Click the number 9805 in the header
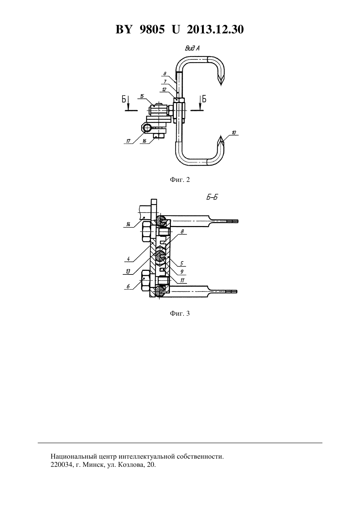point(152,30)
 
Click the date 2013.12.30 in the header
point(215,30)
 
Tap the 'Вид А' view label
point(192,48)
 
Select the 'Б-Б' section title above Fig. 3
point(212,197)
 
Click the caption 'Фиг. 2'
point(180,180)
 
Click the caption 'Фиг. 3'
point(180,313)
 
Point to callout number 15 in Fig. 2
point(142,96)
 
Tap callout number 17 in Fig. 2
point(128,141)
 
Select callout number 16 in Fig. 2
point(144,141)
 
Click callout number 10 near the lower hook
point(234,132)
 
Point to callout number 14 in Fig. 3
point(128,224)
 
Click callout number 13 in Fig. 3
point(128,272)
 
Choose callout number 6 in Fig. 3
point(128,287)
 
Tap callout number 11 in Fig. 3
point(182,280)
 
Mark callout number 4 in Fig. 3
point(128,259)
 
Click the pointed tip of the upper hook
point(221,86)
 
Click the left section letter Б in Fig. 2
point(124,99)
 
